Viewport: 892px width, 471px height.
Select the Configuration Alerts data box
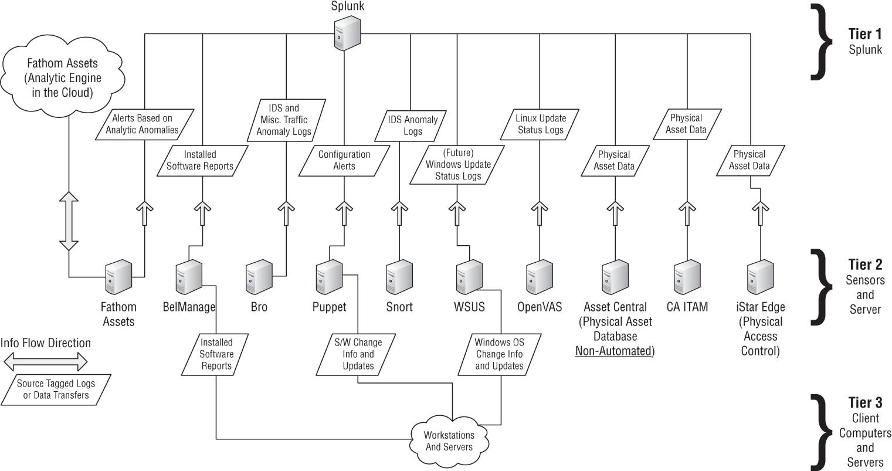tap(344, 160)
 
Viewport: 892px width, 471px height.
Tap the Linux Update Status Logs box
tap(540, 124)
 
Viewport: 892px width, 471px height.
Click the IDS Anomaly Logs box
tap(412, 126)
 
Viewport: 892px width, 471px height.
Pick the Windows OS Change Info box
tap(499, 354)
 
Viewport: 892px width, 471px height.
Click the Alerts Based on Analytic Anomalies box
tap(144, 124)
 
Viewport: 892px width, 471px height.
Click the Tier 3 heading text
tap(865, 403)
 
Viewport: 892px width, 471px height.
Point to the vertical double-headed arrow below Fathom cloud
tap(69, 221)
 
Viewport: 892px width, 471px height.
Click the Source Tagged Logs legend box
tap(56, 389)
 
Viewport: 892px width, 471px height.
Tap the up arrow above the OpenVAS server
tap(538, 214)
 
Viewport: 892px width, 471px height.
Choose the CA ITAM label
tap(687, 307)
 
